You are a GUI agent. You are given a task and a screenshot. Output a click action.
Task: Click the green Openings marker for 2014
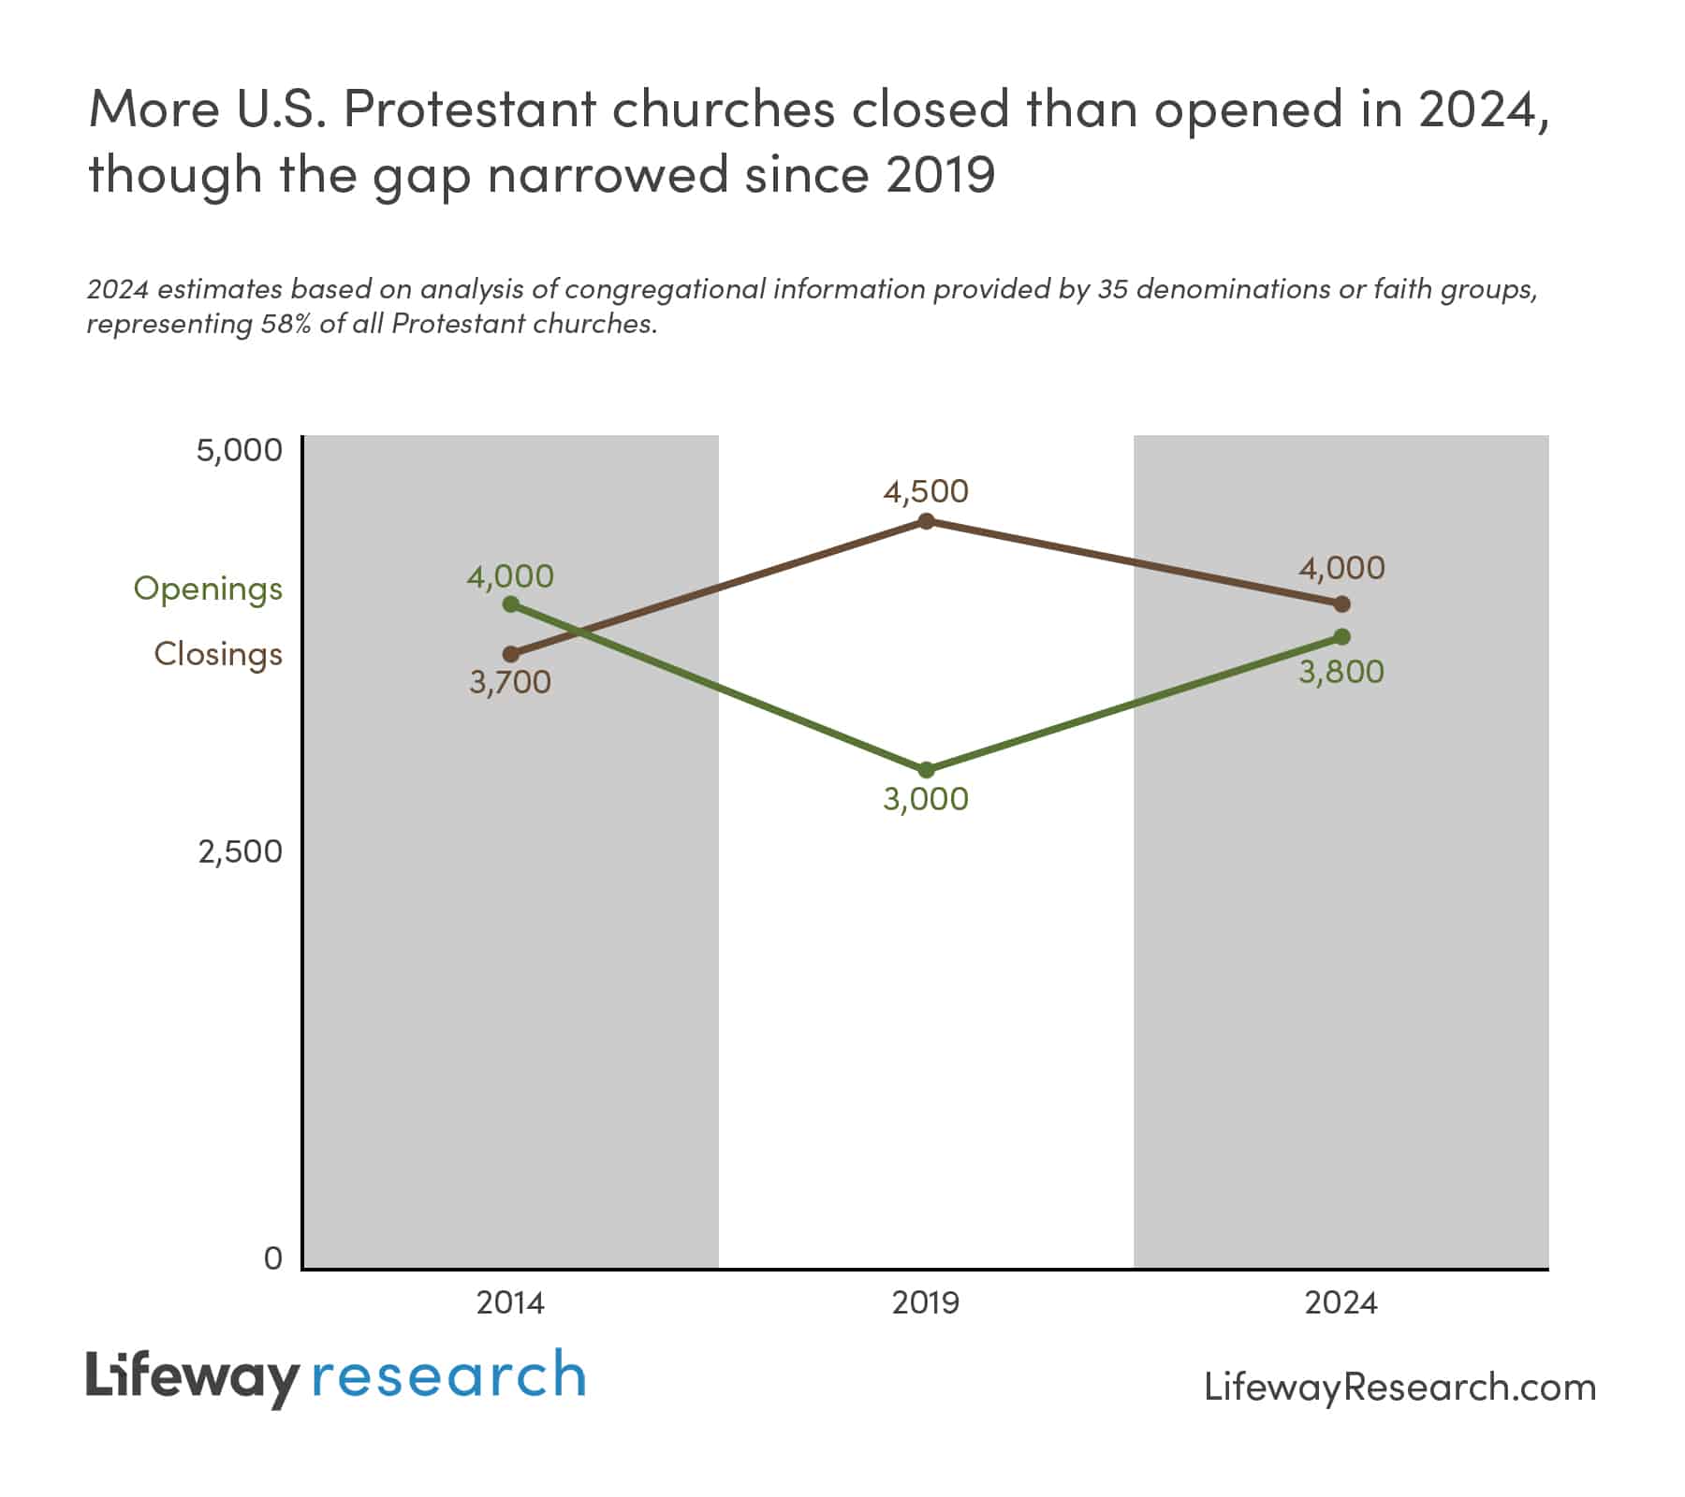pyautogui.click(x=511, y=604)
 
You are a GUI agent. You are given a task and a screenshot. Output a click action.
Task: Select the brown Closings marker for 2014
pyautogui.click(x=511, y=654)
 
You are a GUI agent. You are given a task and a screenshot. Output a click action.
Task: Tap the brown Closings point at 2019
pyautogui.click(x=926, y=521)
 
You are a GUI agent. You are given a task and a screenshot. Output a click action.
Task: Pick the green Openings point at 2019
pyautogui.click(x=926, y=770)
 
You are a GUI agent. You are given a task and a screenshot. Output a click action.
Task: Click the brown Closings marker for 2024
pyautogui.click(x=1341, y=604)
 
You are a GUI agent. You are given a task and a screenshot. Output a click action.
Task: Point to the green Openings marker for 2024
pyautogui.click(x=1341, y=637)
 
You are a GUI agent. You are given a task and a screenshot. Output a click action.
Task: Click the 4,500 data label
pyautogui.click(x=926, y=491)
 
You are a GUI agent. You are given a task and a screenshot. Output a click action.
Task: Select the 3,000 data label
pyautogui.click(x=926, y=799)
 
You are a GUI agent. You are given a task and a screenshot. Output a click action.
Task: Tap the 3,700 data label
pyautogui.click(x=510, y=683)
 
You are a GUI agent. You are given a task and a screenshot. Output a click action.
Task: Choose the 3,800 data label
pyautogui.click(x=1341, y=672)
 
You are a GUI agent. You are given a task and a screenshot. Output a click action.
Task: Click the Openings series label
pyautogui.click(x=208, y=589)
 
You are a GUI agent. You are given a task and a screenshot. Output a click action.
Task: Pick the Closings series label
pyautogui.click(x=218, y=654)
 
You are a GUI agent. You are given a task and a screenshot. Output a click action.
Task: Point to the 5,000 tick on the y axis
pyautogui.click(x=239, y=450)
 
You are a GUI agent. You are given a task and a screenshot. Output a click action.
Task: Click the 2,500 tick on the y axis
pyautogui.click(x=240, y=851)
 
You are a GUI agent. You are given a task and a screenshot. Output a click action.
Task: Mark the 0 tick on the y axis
pyautogui.click(x=272, y=1258)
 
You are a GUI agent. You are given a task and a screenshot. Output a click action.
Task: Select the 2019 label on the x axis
pyautogui.click(x=926, y=1303)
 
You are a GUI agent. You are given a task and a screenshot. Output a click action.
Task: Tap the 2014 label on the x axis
pyautogui.click(x=510, y=1303)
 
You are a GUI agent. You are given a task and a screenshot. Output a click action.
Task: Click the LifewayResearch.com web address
pyautogui.click(x=1399, y=1387)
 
